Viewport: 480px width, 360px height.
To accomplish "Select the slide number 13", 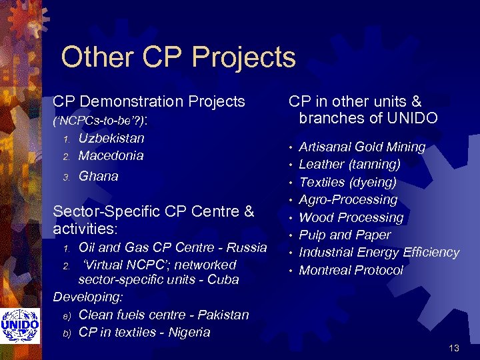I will [454, 348].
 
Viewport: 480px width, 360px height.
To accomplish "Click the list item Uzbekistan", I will [111, 139].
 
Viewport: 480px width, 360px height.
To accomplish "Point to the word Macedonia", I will [111, 156].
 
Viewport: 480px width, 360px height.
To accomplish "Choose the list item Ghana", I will [98, 176].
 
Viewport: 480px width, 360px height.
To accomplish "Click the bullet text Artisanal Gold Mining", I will [362, 147].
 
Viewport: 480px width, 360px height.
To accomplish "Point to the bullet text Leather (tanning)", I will [349, 164].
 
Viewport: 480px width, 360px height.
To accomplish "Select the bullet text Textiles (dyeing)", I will [347, 182].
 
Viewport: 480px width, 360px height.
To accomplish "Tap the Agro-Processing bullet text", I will [348, 199].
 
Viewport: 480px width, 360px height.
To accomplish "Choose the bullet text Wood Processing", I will [351, 217].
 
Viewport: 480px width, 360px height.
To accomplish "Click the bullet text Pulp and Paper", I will [345, 235].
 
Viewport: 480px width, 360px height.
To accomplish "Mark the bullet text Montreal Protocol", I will [351, 270].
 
